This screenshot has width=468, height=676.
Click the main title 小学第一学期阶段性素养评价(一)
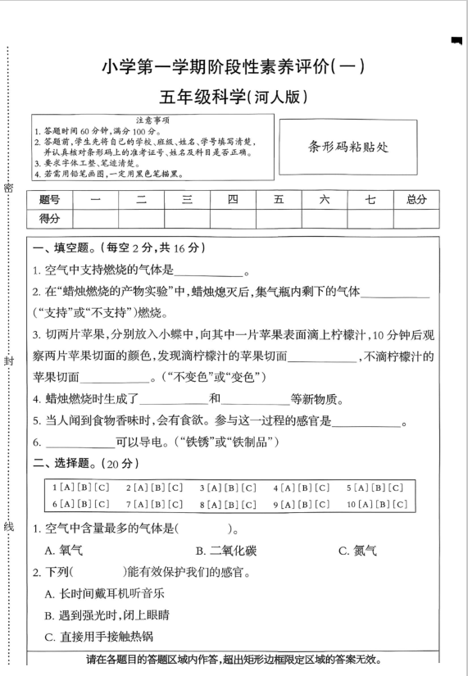point(234,67)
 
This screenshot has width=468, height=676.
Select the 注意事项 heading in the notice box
point(152,120)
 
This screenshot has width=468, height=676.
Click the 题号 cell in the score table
point(49,199)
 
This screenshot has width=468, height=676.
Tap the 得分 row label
point(49,217)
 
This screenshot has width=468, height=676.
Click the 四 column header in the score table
point(233,199)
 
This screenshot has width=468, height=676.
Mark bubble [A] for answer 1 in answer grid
point(63,488)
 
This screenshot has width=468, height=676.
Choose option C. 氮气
point(358,550)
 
